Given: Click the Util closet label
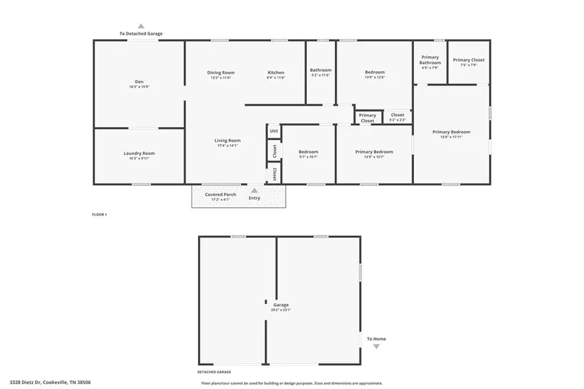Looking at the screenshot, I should pyautogui.click(x=274, y=131).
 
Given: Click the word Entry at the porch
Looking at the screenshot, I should pyautogui.click(x=254, y=198).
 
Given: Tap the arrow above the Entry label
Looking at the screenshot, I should pyautogui.click(x=254, y=191).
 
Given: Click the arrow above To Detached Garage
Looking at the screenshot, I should pyautogui.click(x=141, y=27).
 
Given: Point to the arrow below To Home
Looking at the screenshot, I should pyautogui.click(x=376, y=347).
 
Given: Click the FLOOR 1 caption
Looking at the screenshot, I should pyautogui.click(x=99, y=214).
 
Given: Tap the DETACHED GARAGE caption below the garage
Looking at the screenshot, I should pyautogui.click(x=214, y=372).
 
